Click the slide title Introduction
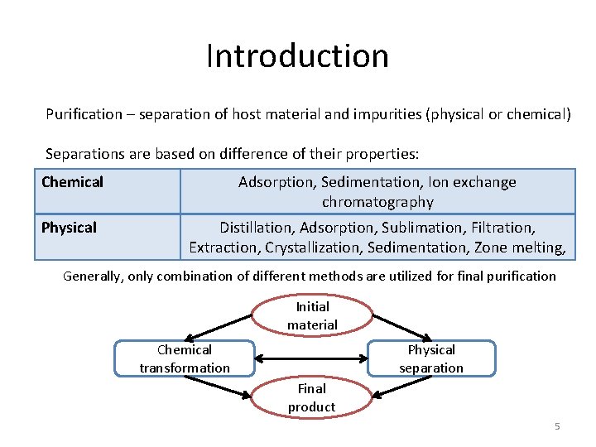[297, 56]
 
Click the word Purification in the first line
[79, 114]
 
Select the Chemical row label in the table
[73, 182]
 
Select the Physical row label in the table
[70, 228]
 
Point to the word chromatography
[377, 202]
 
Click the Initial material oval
[312, 315]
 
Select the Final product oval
[312, 397]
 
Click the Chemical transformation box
[185, 358]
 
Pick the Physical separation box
[431, 358]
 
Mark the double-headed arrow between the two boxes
[311, 358]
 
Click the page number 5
[557, 426]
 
